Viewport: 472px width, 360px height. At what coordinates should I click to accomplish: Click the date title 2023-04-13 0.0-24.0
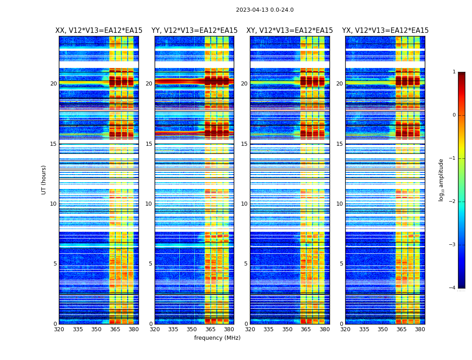click(x=265, y=10)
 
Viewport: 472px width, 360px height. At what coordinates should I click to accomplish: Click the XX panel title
click(x=99, y=31)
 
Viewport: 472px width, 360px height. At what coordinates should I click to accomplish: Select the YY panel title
click(x=194, y=31)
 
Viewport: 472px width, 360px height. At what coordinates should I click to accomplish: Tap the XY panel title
click(x=289, y=31)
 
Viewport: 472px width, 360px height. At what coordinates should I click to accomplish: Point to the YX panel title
click(x=385, y=31)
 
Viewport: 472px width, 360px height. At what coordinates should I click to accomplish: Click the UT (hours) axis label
click(x=44, y=180)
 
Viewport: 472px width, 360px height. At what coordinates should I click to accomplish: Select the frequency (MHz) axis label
click(x=217, y=338)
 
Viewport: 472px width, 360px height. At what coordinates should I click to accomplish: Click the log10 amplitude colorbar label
click(x=441, y=180)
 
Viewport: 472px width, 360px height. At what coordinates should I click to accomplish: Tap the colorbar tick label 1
click(x=454, y=72)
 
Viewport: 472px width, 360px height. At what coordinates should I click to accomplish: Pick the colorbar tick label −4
click(x=453, y=288)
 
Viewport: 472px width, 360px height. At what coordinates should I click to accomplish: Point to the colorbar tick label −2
click(x=453, y=202)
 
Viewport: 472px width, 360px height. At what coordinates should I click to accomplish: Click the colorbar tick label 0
click(x=454, y=115)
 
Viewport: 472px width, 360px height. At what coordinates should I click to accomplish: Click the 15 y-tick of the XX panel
click(x=53, y=144)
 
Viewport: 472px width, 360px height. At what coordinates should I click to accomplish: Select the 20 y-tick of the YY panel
click(x=149, y=84)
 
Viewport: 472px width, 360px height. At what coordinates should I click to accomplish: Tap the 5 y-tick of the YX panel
click(x=341, y=264)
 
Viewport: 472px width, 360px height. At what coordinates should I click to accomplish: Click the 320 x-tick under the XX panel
click(x=59, y=329)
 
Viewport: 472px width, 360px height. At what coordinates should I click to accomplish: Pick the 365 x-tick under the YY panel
click(x=210, y=329)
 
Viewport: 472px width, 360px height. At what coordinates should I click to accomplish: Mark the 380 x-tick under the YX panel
click(x=420, y=329)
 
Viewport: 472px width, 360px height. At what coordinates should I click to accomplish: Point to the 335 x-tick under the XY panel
click(x=268, y=329)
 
